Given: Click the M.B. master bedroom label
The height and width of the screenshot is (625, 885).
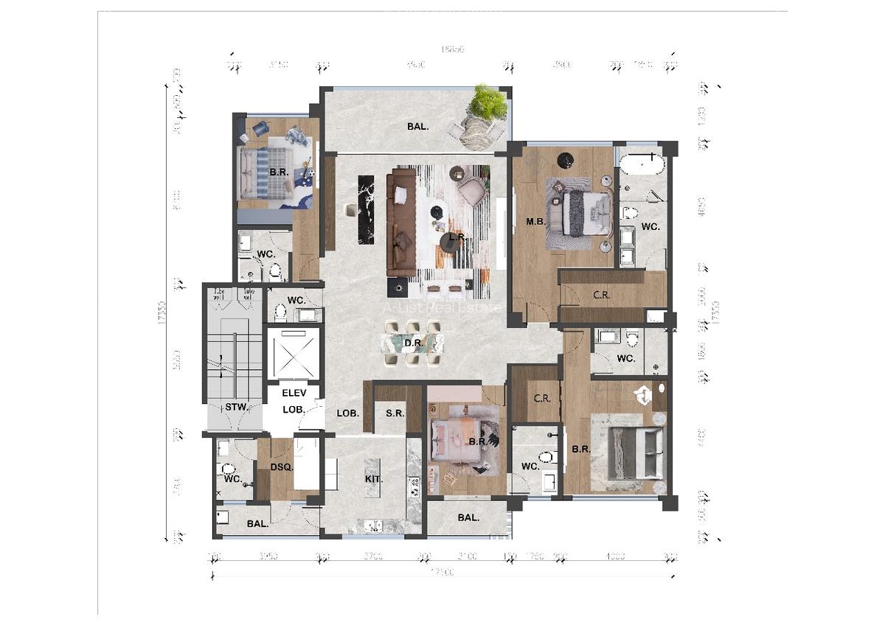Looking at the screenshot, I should pyautogui.click(x=535, y=221).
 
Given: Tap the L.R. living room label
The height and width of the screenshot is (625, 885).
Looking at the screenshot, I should pyautogui.click(x=457, y=237).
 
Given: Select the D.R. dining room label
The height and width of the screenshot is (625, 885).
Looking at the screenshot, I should pyautogui.click(x=412, y=343).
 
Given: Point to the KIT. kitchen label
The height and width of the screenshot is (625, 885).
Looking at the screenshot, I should pyautogui.click(x=374, y=479).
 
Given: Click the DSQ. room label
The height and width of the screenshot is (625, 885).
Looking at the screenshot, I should pyautogui.click(x=281, y=467).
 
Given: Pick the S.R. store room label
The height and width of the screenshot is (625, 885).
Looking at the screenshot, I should pyautogui.click(x=395, y=413).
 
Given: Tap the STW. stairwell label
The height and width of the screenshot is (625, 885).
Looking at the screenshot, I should pyautogui.click(x=235, y=407).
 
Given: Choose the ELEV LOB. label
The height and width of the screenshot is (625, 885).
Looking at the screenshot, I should pyautogui.click(x=294, y=401).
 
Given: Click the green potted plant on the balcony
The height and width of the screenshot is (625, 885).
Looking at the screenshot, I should pyautogui.click(x=487, y=102).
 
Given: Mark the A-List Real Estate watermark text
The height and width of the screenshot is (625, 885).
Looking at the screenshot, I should pyautogui.click(x=442, y=309).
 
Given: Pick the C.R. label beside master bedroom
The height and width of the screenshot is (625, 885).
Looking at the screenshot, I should pyautogui.click(x=601, y=295).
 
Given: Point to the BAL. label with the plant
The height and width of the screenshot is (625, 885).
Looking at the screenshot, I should pyautogui.click(x=418, y=127).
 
